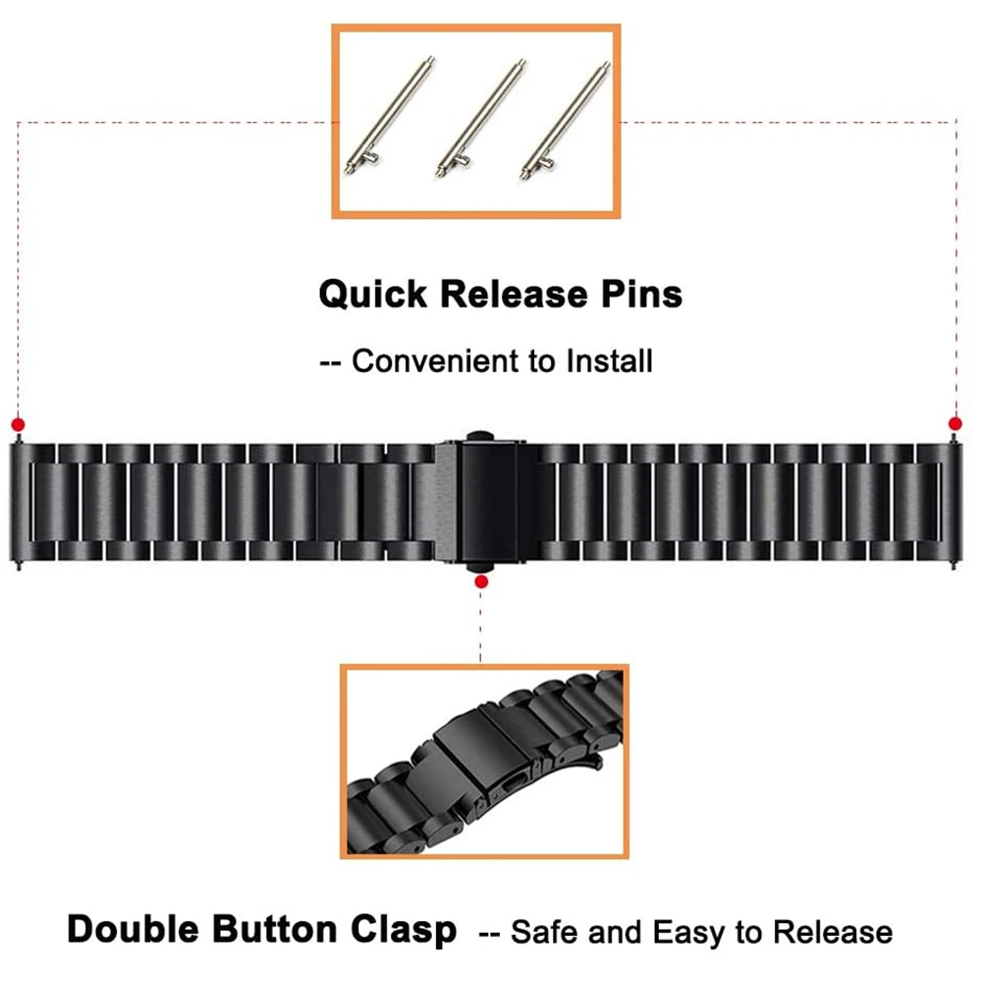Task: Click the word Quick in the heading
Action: [373, 294]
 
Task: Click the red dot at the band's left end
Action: [18, 424]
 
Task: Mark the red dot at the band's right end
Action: [955, 423]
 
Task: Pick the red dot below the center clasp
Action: [481, 582]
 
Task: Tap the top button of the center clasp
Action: [481, 433]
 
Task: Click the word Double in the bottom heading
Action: [138, 928]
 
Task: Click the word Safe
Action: [543, 931]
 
